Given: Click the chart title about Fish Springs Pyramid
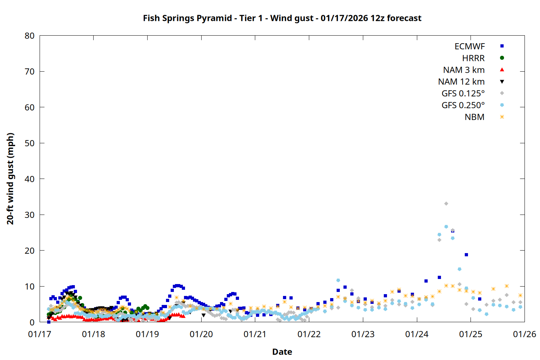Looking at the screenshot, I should [282, 18].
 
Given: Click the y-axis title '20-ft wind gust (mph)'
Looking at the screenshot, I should [10, 179].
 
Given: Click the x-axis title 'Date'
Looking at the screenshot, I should [282, 352].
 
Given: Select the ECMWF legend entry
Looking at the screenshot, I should [469, 46].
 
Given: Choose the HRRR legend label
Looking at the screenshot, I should [473, 58].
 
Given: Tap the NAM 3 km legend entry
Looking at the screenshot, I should [464, 70].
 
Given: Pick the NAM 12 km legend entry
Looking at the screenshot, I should [461, 82].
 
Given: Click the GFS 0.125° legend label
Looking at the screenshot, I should [463, 94].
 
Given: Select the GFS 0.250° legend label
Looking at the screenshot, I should [463, 105].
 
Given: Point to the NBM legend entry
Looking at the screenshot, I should [474, 117].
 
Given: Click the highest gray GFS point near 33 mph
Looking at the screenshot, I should [446, 204].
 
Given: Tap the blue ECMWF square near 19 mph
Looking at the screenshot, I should [466, 255].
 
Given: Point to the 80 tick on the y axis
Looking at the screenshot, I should [30, 36].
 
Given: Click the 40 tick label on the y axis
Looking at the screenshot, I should [30, 179].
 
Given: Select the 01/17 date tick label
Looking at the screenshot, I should [40, 334].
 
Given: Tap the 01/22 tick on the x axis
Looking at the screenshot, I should [309, 334].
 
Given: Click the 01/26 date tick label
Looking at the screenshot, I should [525, 334].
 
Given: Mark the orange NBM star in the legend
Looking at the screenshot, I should [502, 117].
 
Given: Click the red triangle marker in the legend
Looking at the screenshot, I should [502, 70].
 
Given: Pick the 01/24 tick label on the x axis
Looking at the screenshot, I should [417, 334].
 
